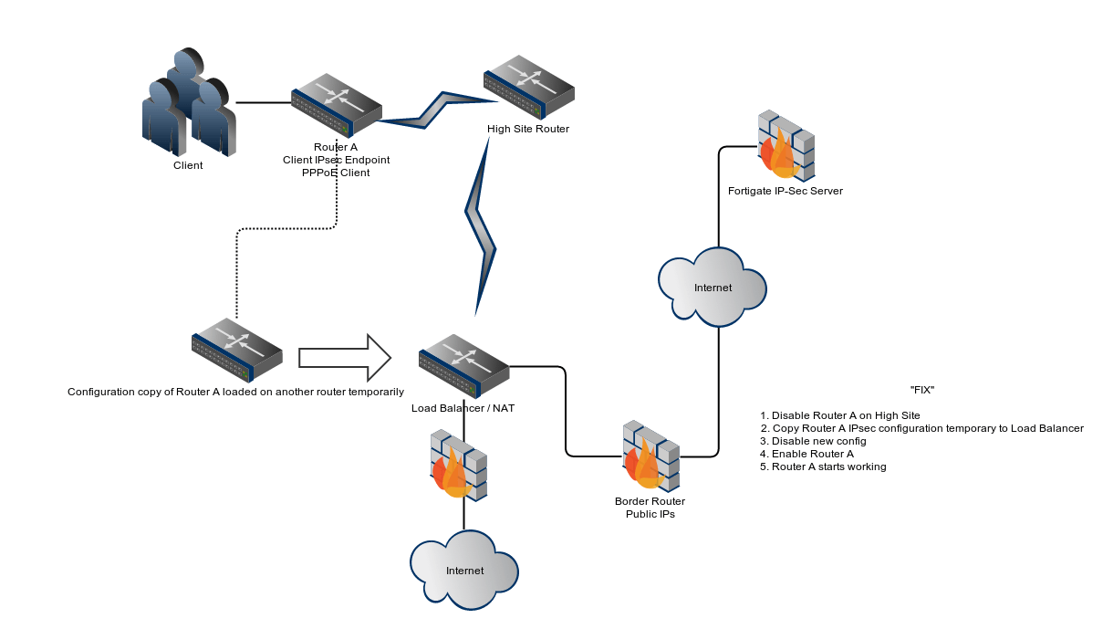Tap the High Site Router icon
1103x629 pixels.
(x=529, y=86)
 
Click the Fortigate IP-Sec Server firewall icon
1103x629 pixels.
(x=786, y=145)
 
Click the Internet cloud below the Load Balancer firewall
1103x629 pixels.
(x=464, y=571)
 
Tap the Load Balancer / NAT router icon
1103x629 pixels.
(x=464, y=362)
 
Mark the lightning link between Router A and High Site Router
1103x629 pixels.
(x=429, y=110)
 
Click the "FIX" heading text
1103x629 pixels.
(x=922, y=390)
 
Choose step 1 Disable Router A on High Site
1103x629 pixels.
(x=840, y=415)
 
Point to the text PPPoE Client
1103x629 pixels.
(x=336, y=173)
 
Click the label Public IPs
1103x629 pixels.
(x=650, y=514)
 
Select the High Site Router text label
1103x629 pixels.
(x=528, y=129)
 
